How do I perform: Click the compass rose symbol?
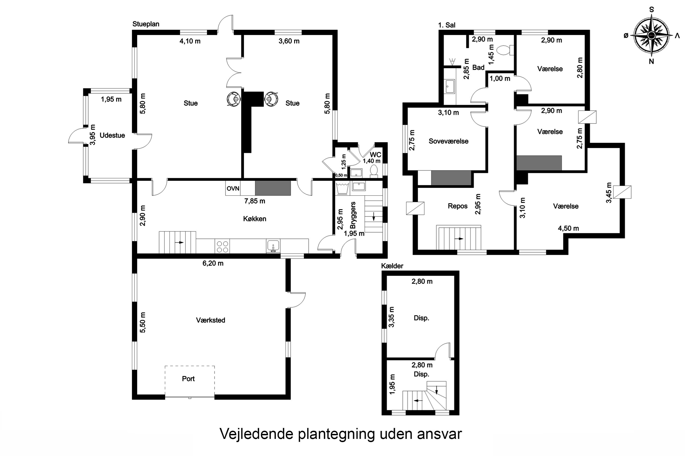click(x=651, y=36)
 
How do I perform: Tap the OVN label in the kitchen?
click(x=233, y=189)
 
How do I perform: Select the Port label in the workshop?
click(x=188, y=379)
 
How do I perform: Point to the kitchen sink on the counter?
click(x=273, y=246)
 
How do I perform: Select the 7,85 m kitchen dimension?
click(x=255, y=201)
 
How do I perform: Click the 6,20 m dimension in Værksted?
click(x=213, y=263)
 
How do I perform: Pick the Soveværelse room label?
click(x=448, y=141)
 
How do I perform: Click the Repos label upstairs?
click(x=457, y=206)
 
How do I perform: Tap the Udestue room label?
click(x=112, y=135)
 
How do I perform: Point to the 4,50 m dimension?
click(x=568, y=228)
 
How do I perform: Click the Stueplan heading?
click(x=146, y=24)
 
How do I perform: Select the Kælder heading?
click(x=392, y=266)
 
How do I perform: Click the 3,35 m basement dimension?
click(x=392, y=317)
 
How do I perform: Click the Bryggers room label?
click(x=353, y=215)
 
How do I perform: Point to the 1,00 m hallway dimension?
click(x=500, y=78)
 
